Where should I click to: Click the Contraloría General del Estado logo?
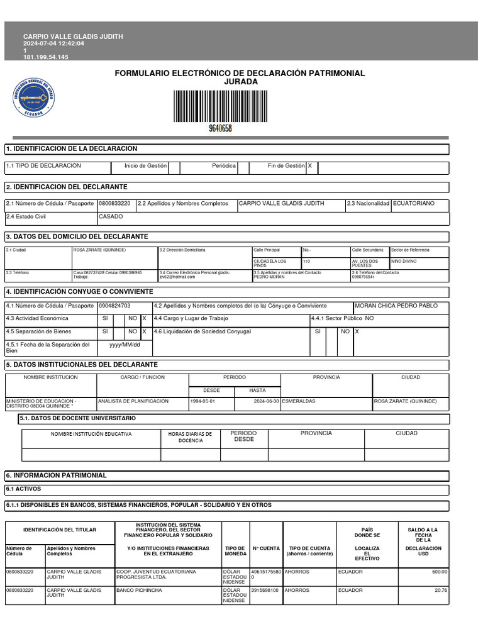pos(36,96)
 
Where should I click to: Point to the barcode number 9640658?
pos(220,128)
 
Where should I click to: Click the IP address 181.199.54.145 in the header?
pos(46,57)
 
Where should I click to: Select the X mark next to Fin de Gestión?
pos(309,166)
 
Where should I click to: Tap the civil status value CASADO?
pos(111,217)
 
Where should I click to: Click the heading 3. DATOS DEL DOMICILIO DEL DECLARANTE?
pos(77,236)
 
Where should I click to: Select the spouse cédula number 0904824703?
pos(114,306)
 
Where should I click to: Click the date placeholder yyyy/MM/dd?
pos(125,345)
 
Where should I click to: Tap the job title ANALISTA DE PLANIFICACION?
pos(133,401)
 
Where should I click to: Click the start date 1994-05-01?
pos(203,401)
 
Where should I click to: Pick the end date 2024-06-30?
pos(267,401)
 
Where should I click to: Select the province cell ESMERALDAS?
pos(299,401)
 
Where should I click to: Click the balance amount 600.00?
pos(439,572)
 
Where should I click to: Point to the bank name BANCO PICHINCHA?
pos(139,591)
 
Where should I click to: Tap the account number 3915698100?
pos(265,591)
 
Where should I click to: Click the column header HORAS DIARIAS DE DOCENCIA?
pos(191,437)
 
